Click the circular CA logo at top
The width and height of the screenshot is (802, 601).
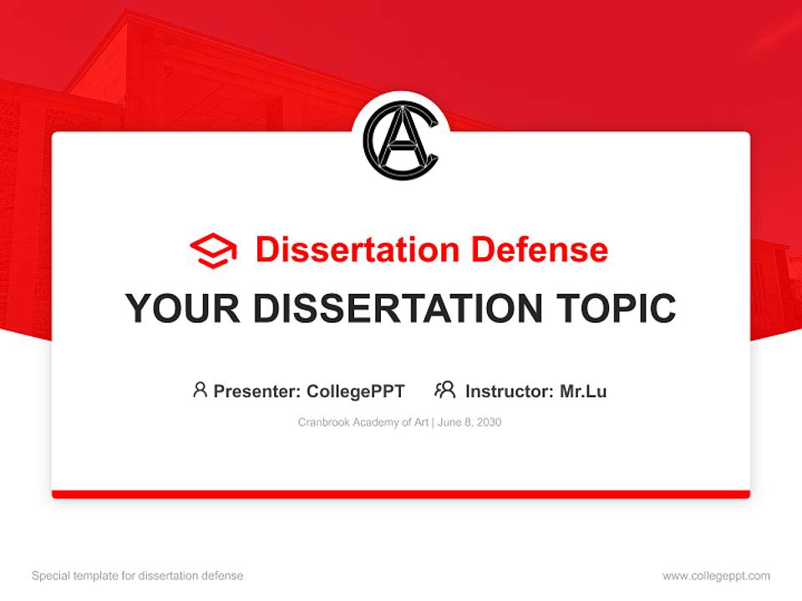(401, 140)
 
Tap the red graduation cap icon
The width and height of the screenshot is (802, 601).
(213, 250)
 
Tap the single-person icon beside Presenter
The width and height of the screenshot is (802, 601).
(200, 390)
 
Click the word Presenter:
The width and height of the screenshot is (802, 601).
(257, 391)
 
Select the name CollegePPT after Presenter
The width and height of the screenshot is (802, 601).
(356, 391)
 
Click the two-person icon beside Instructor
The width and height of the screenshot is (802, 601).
(444, 390)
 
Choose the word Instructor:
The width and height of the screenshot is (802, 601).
(510, 391)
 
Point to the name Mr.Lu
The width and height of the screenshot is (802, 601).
(583, 391)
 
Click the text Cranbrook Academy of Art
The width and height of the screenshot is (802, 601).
(363, 422)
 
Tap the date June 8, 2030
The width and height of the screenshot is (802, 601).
(470, 422)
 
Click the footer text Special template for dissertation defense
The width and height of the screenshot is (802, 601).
(138, 576)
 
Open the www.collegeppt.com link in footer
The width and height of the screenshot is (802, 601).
(716, 576)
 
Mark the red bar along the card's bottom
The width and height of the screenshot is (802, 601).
(401, 494)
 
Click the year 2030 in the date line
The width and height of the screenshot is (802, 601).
(489, 422)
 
